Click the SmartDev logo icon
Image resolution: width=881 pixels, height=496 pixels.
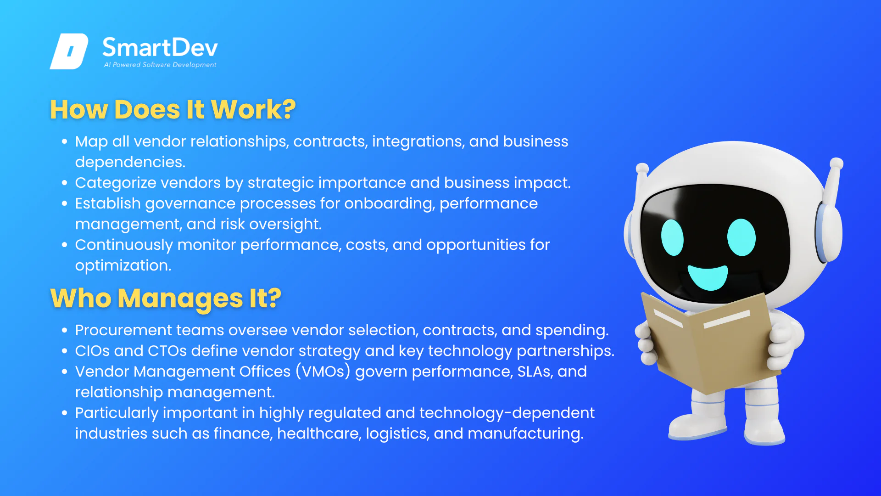click(69, 51)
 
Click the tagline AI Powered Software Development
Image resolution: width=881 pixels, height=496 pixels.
click(160, 65)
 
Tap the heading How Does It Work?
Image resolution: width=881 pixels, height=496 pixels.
click(173, 110)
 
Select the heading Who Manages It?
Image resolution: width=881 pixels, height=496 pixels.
click(165, 299)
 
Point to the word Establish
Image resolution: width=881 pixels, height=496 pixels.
click(108, 203)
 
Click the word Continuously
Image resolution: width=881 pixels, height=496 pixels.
click(124, 245)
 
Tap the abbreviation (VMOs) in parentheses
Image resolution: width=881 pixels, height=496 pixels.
click(323, 371)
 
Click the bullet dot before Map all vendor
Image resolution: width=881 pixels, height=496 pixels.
click(65, 141)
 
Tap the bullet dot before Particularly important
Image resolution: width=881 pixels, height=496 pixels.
click(65, 413)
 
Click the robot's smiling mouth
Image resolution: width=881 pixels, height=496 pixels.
click(708, 277)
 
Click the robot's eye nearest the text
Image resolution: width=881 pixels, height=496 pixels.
click(672, 237)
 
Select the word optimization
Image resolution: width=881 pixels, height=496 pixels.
click(123, 266)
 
